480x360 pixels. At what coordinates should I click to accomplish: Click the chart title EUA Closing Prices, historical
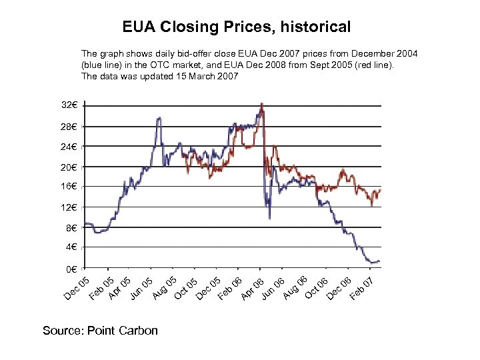(x=236, y=27)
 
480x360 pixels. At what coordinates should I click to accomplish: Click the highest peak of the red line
(x=261, y=104)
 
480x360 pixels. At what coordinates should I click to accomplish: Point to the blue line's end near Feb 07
(x=379, y=261)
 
